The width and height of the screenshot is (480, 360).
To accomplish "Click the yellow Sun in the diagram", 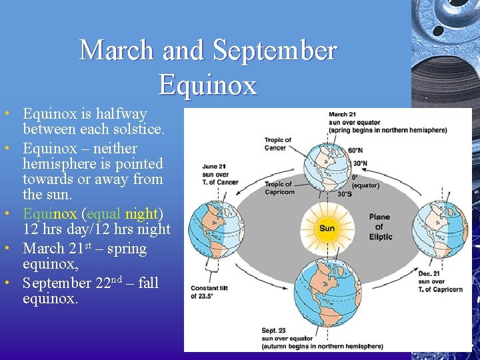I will (327, 228).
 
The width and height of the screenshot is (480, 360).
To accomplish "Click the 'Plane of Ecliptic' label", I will (381, 227).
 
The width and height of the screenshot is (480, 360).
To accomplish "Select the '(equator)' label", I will (366, 185).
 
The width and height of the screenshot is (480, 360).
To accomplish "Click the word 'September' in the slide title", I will (275, 51).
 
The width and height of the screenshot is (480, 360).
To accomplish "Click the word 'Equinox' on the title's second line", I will (208, 85).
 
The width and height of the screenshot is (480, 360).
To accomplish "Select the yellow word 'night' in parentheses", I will (141, 214).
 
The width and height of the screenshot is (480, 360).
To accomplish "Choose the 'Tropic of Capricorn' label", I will (279, 188).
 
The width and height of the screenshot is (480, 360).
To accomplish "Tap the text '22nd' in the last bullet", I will (110, 283).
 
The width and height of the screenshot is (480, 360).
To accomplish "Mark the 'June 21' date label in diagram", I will (213, 166).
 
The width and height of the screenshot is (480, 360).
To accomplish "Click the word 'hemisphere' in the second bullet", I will (59, 163).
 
